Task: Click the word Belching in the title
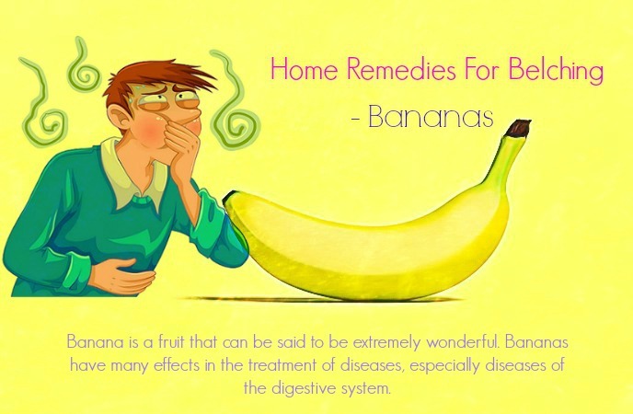coord(556,69)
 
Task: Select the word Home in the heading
coord(305,69)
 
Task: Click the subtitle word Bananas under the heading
coord(431,117)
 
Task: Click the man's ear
coord(120,119)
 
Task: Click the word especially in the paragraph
coord(445,366)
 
